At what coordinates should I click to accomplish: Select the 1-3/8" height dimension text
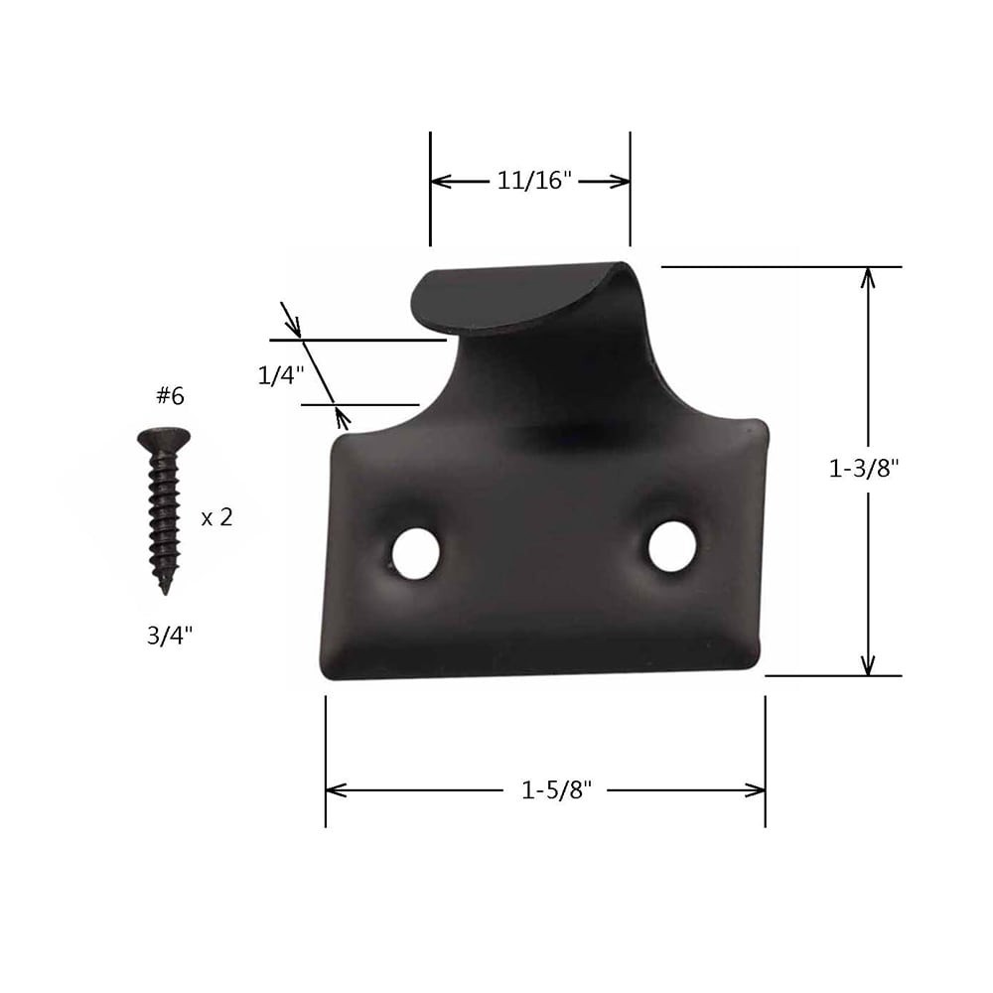(864, 470)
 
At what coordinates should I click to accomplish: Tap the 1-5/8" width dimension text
(556, 790)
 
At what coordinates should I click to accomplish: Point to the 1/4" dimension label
(281, 375)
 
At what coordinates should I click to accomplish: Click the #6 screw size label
(170, 396)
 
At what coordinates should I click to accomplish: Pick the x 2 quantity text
(216, 517)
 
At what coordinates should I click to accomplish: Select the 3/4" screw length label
(170, 636)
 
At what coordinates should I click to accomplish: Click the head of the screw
(163, 438)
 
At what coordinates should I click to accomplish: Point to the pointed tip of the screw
(165, 590)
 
